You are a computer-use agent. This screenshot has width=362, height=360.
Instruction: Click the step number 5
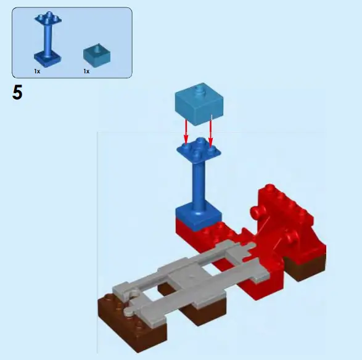[17, 93]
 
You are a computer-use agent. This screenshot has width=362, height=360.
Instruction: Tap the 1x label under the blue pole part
[37, 72]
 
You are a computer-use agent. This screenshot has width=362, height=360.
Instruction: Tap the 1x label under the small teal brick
[86, 72]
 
